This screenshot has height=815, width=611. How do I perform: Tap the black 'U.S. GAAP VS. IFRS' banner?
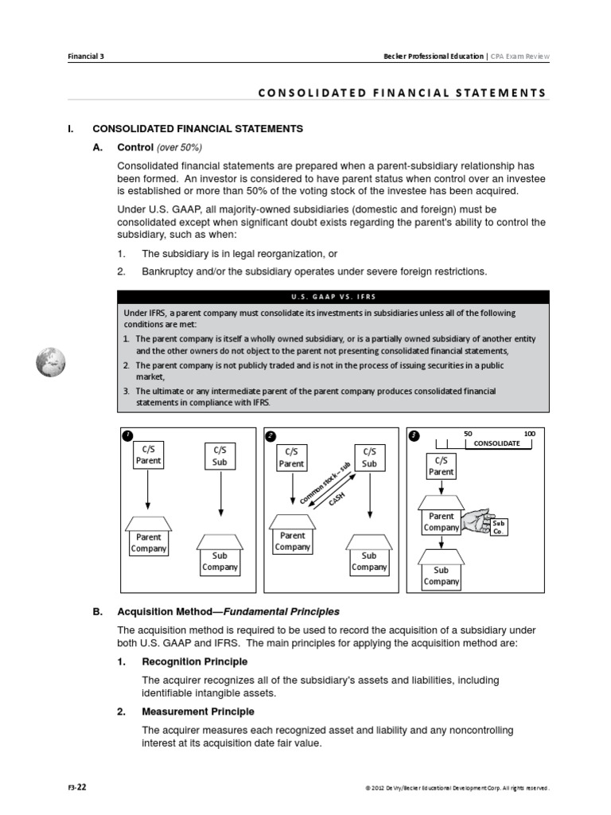333,297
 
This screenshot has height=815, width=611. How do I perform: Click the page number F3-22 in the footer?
77,788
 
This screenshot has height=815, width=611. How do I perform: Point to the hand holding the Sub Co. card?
476,520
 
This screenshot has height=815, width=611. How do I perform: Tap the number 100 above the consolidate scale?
529,433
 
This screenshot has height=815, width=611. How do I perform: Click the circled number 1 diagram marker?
127,435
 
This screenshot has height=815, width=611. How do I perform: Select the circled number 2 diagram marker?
270,435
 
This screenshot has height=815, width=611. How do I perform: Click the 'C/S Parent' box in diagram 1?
148,454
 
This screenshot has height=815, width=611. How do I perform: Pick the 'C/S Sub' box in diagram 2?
369,458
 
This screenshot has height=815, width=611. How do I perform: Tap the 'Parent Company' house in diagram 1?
148,537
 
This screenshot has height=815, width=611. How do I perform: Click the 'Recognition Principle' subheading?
194,661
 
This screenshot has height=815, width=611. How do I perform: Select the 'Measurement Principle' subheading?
197,711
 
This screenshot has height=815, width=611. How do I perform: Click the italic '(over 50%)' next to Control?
179,147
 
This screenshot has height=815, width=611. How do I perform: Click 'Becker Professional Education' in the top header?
434,57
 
